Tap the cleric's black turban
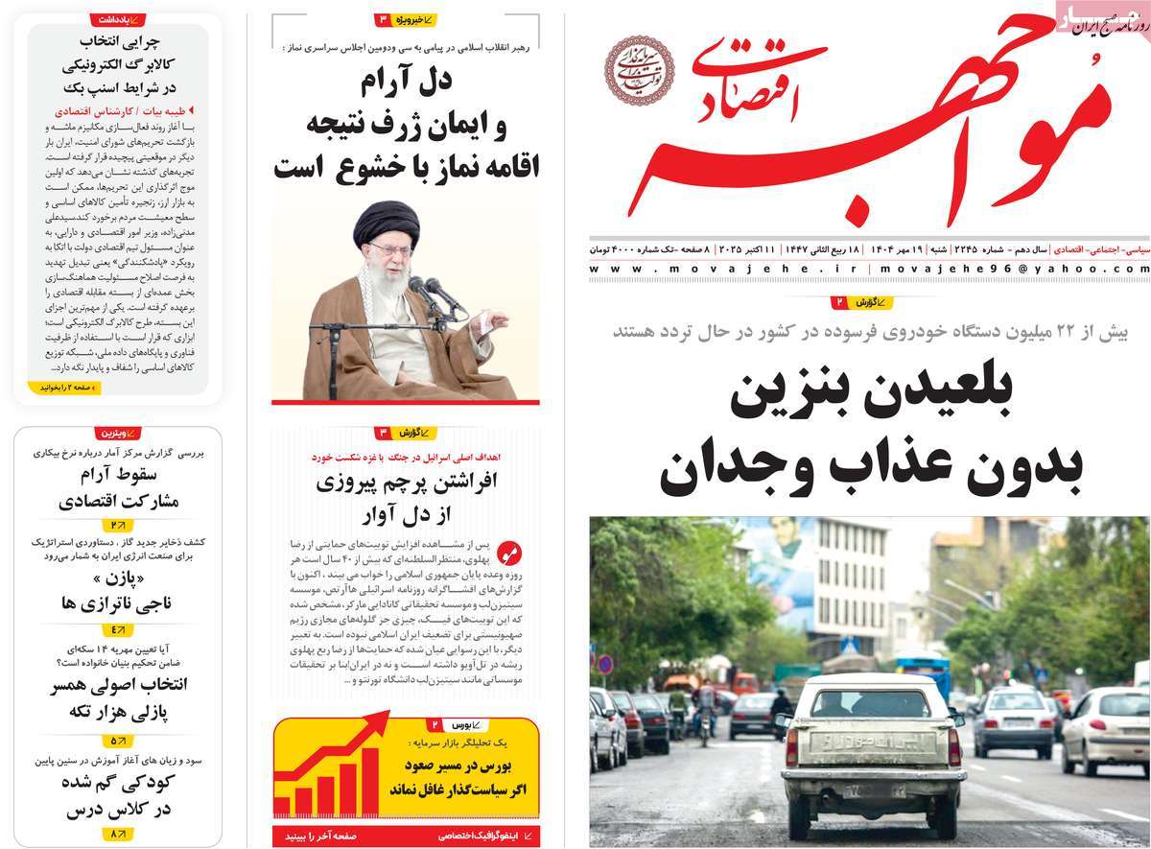[x=387, y=224]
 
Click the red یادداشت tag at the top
[x=118, y=19]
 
